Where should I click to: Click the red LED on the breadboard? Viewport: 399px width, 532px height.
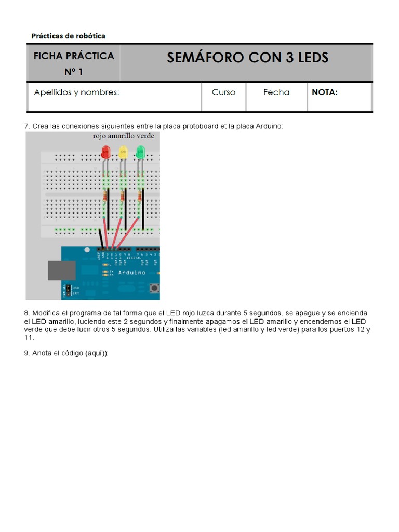(x=105, y=152)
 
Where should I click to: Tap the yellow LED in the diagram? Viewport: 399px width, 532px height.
(x=123, y=152)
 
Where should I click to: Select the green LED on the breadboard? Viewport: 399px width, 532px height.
(x=140, y=152)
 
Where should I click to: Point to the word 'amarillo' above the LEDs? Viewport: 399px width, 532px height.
(x=123, y=136)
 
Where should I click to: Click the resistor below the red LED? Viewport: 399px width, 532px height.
(x=105, y=195)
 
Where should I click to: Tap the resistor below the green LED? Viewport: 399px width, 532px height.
(x=140, y=195)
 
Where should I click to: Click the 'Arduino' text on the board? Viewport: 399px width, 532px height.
(x=131, y=273)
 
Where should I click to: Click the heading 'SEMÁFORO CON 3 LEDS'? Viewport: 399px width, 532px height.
(x=247, y=58)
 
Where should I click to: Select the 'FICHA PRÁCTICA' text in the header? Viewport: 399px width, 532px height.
(x=73, y=56)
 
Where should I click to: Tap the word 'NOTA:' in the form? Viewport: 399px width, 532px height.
(x=325, y=92)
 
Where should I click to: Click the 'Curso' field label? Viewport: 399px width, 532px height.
(x=223, y=92)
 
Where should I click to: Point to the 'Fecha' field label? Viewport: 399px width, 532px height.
(x=276, y=92)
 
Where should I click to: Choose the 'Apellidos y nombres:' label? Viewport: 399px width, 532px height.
(x=76, y=92)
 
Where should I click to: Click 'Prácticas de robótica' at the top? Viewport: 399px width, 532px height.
(x=68, y=36)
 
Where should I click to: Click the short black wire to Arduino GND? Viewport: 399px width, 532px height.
(x=101, y=238)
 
